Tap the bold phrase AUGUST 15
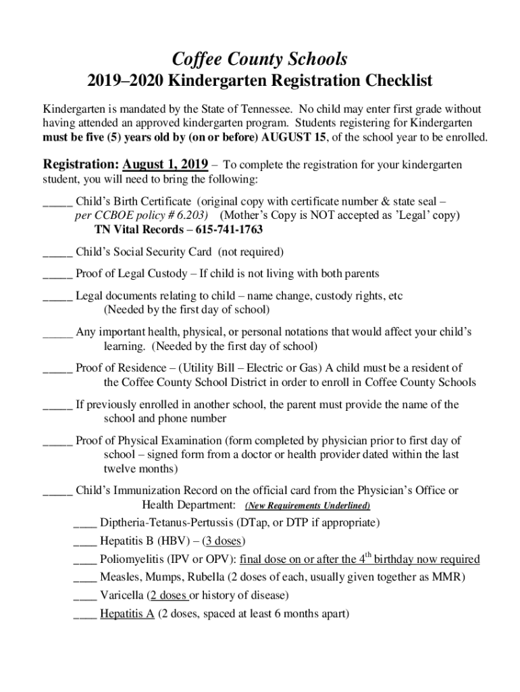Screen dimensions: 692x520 293,137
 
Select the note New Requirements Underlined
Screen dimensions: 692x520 307,506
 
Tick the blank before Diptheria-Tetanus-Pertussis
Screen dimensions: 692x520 84,523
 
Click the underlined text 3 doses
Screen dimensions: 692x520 225,541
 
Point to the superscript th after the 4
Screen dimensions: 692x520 368,555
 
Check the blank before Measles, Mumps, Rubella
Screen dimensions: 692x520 84,578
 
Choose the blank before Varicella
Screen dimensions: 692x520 84,596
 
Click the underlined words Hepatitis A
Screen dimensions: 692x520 127,614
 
